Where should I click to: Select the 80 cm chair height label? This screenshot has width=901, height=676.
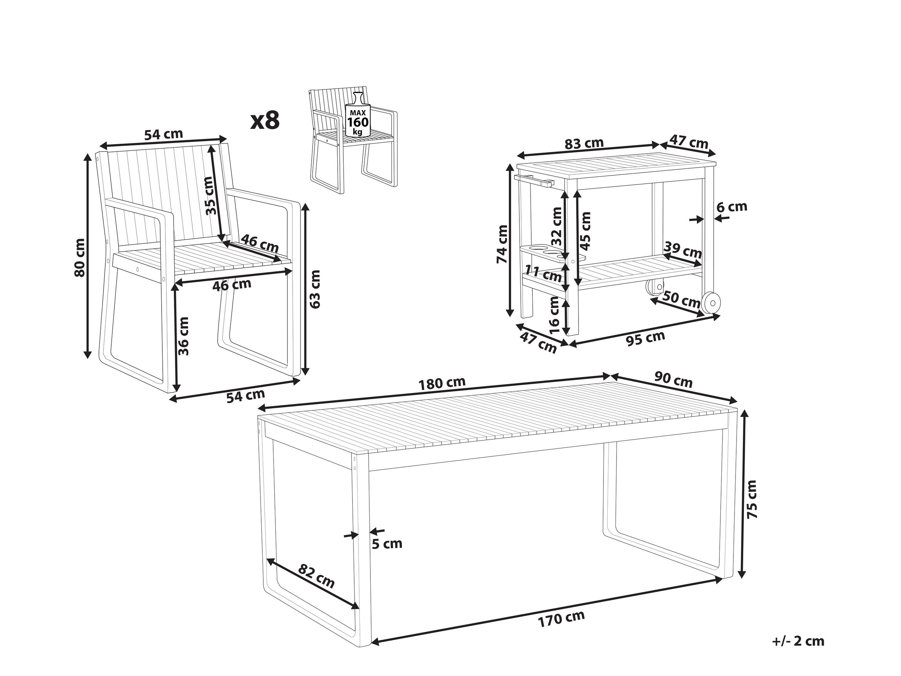tap(80, 258)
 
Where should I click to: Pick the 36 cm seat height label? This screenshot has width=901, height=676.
tap(184, 336)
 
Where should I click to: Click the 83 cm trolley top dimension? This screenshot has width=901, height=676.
tap(584, 144)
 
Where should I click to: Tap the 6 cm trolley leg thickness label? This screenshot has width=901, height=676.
tap(732, 207)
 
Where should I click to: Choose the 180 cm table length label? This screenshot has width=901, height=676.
tap(442, 383)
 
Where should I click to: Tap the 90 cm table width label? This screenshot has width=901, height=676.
tap(673, 380)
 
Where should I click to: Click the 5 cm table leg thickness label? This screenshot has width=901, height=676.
tap(387, 544)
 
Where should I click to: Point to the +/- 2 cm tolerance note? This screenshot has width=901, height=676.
tap(798, 641)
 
